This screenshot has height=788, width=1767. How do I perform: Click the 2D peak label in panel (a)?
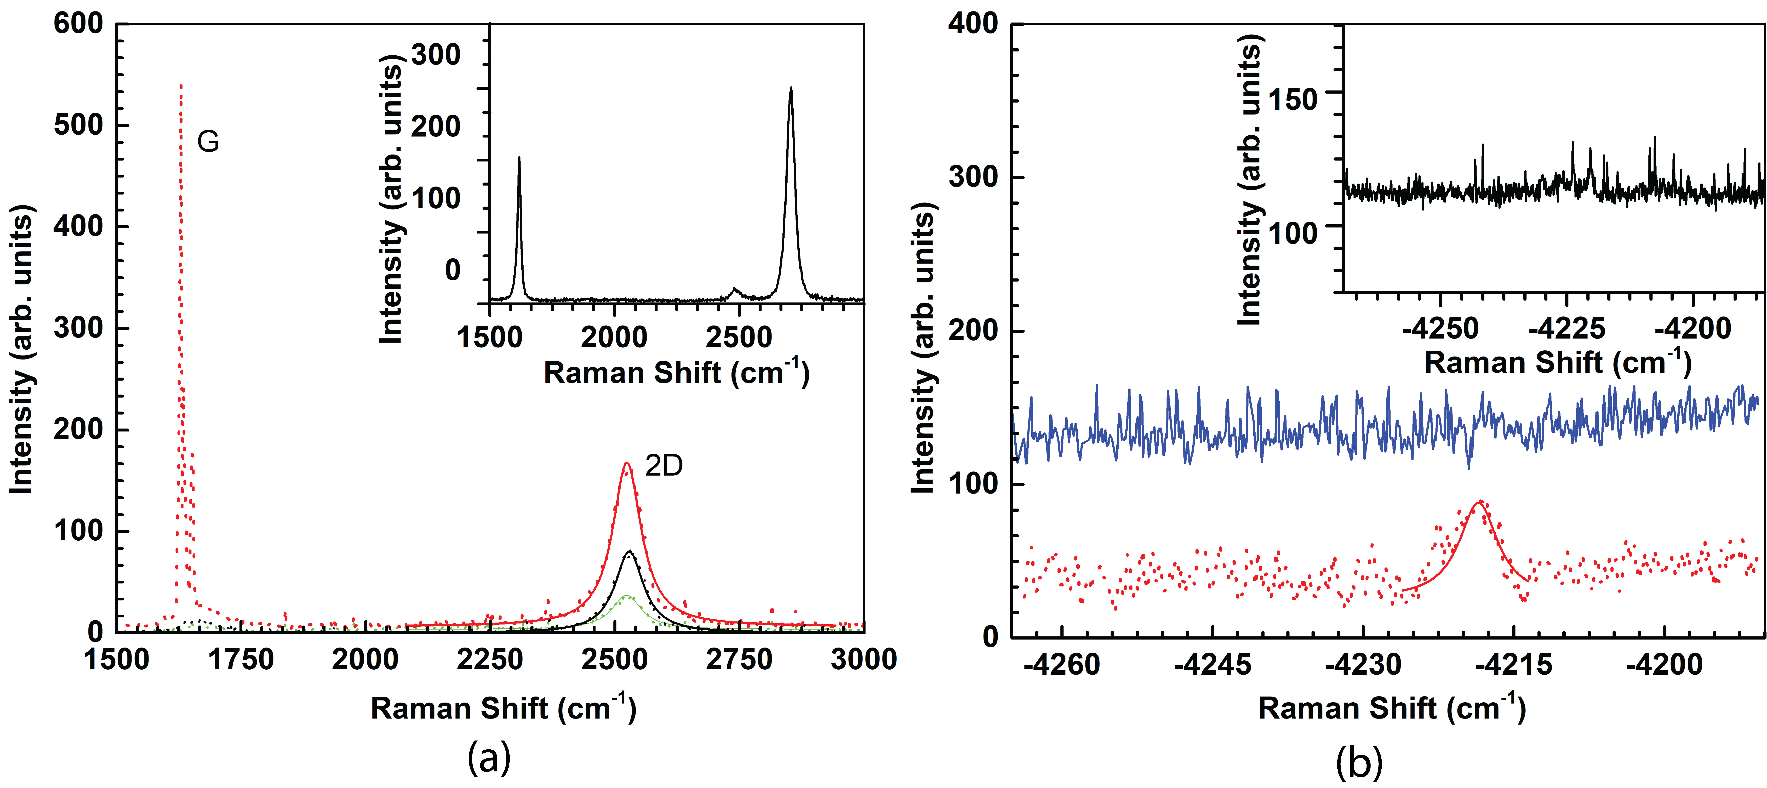tap(664, 466)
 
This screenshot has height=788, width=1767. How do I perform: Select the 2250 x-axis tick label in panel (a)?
tap(490, 660)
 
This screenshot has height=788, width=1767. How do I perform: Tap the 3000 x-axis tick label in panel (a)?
tap(864, 660)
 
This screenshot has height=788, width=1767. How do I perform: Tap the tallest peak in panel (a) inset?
tap(791, 88)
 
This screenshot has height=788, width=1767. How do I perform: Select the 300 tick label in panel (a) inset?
tap(435, 55)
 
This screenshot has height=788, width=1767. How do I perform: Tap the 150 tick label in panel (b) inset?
tap(1292, 99)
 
